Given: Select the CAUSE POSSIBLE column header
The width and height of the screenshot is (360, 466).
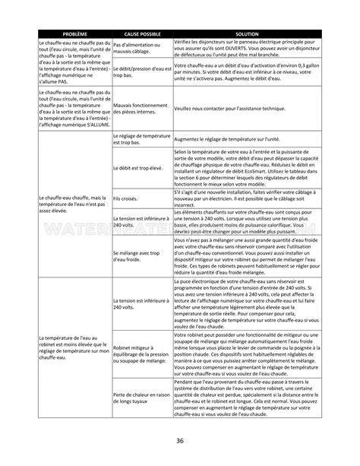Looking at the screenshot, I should [142, 35].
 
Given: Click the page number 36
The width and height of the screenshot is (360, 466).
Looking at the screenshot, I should [179, 441].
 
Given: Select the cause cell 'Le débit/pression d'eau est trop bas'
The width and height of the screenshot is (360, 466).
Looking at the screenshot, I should [141, 72].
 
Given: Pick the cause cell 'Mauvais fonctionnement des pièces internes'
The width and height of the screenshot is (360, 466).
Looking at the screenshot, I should [141, 109].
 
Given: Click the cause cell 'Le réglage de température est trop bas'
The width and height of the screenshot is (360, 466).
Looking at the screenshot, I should [141, 139].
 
